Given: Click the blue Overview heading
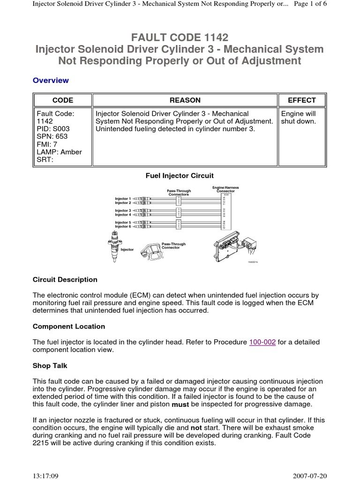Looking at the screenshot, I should tap(51, 80).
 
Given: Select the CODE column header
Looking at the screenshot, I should tap(62, 100).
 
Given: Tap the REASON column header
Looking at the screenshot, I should tap(185, 100).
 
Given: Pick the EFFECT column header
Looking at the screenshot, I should tap(302, 100).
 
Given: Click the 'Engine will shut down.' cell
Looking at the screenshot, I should tap(298, 118).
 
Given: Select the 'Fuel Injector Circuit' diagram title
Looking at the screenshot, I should tap(180, 176).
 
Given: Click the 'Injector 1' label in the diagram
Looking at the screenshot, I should tap(123, 199).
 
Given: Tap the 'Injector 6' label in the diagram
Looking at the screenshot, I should tap(123, 226).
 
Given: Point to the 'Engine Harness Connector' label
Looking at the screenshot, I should tap(225, 189).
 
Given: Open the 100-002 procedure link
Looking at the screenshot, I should tap(262, 342).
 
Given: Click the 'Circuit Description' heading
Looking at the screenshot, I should tap(65, 280).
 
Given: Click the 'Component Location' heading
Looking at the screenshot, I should tap(69, 326).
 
